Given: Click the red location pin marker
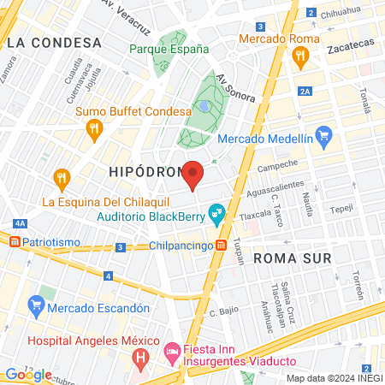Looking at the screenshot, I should (x=193, y=174).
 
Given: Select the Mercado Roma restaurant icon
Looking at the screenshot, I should (x=299, y=58).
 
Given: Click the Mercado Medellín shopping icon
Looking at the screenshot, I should (x=323, y=135).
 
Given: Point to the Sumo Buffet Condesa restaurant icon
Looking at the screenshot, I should (x=95, y=129).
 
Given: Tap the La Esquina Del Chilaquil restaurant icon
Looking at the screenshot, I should (x=61, y=179).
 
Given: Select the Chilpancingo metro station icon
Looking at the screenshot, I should (x=222, y=246).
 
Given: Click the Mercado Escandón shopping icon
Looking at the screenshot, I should (x=36, y=305).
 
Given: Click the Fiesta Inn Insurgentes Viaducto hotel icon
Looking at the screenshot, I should (x=170, y=351).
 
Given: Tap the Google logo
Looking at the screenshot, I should (x=27, y=375).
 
